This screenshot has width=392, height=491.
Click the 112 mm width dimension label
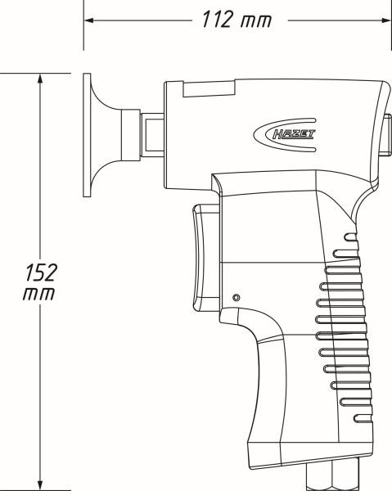(237, 20)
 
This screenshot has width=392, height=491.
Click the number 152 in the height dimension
(41, 273)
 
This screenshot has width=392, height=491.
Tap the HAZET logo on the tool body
(285, 135)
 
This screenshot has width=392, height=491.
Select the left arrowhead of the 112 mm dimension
(89, 20)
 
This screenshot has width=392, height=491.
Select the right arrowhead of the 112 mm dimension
(385, 20)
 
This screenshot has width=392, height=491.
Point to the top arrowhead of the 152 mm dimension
(40, 79)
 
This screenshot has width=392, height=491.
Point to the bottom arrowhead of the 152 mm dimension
(40, 485)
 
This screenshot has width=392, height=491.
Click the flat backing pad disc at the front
(87, 135)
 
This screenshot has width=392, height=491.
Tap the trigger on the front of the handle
(205, 258)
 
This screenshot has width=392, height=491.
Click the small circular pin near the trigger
(237, 297)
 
